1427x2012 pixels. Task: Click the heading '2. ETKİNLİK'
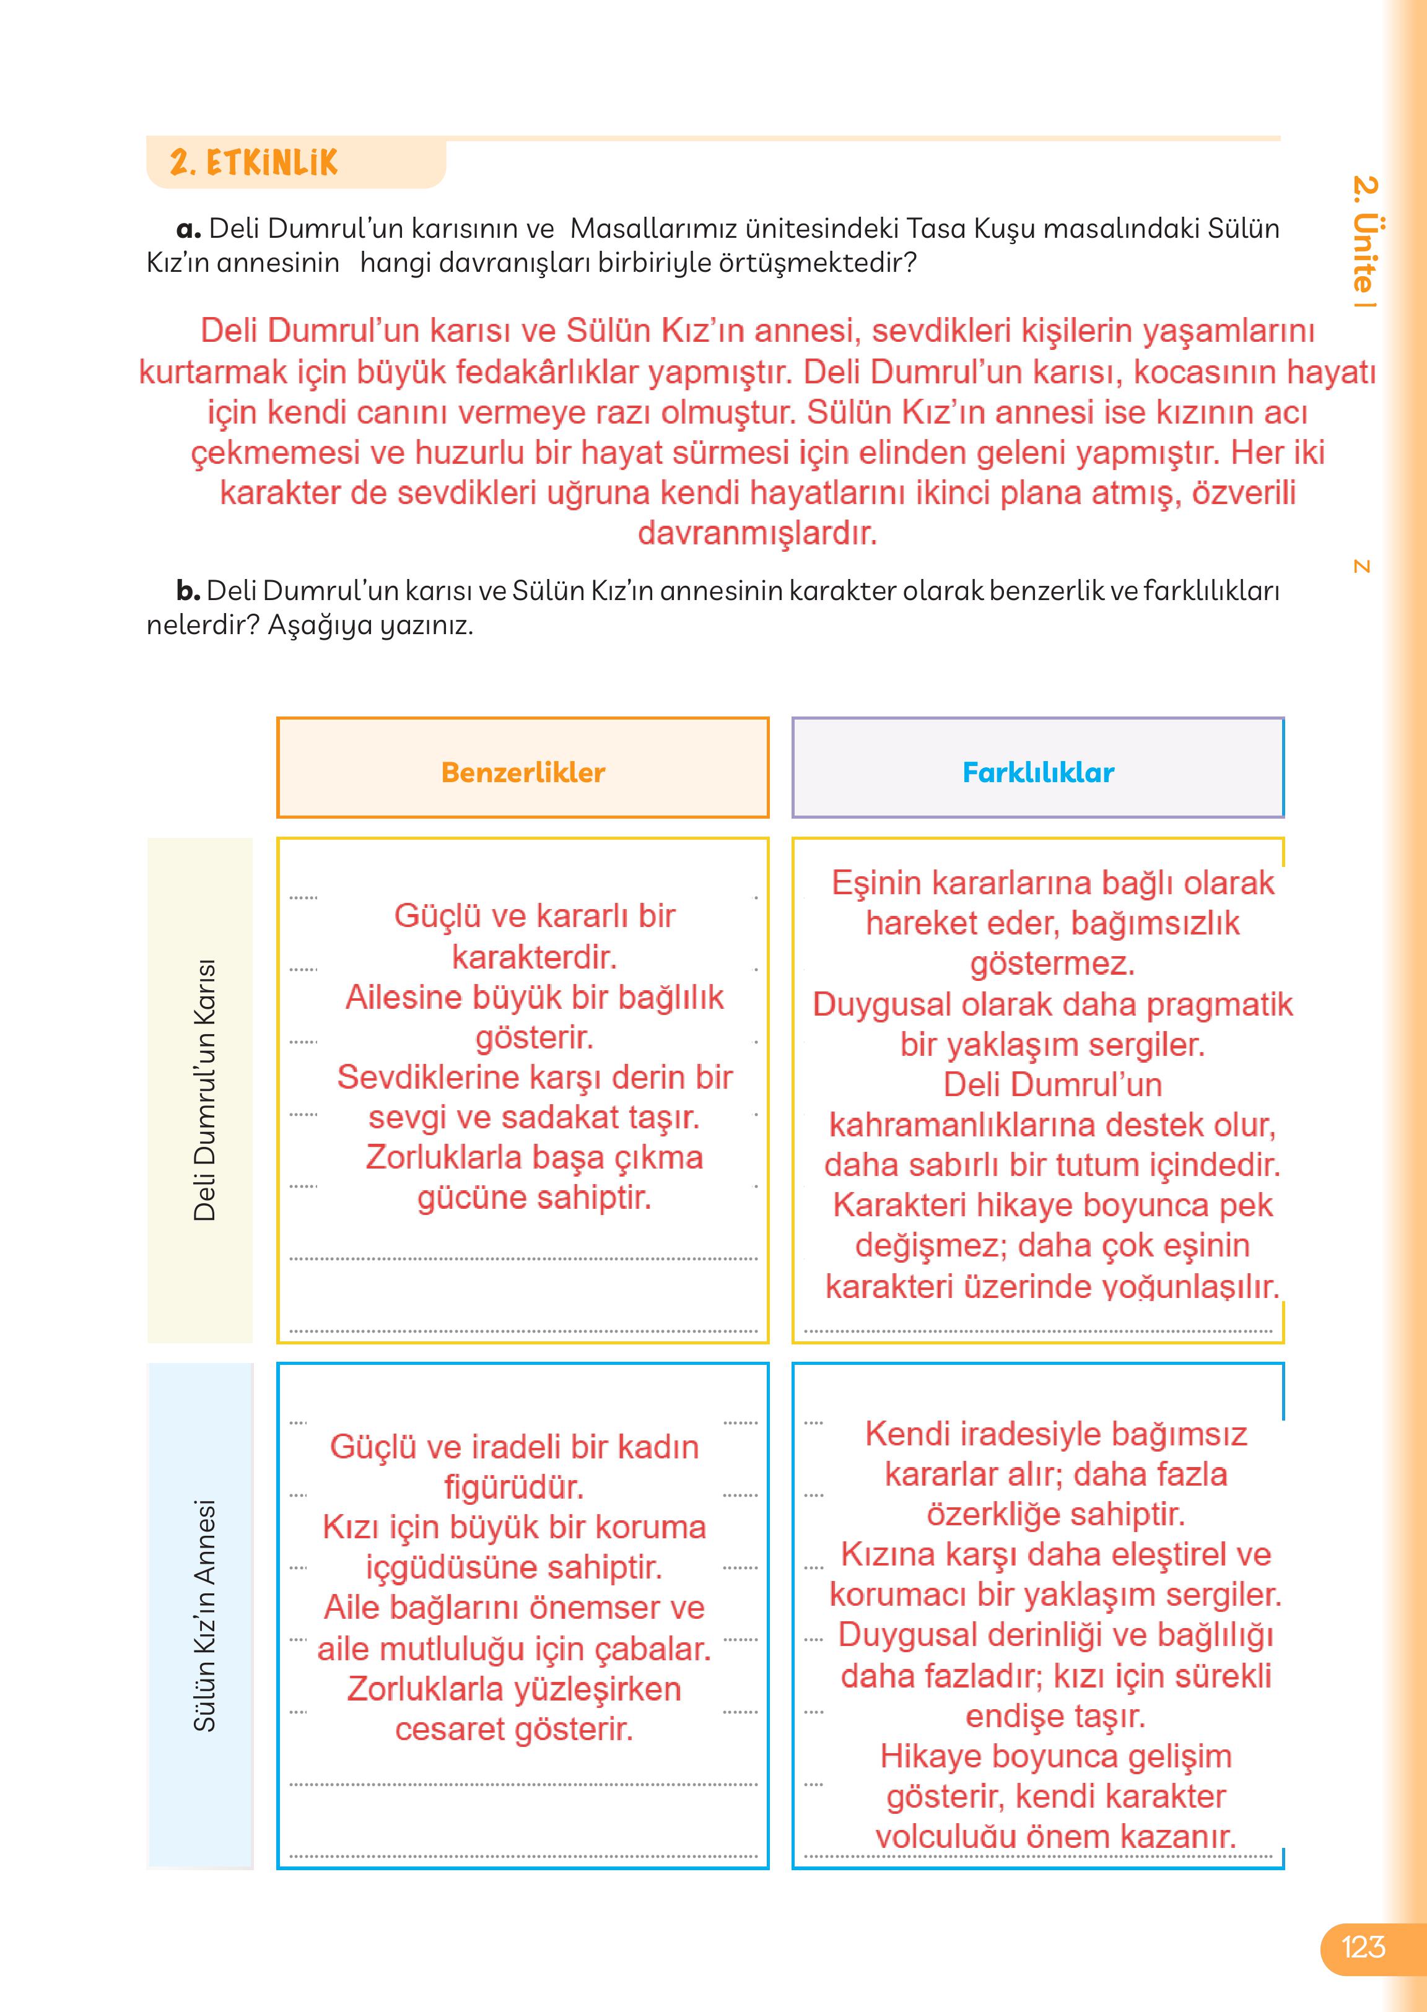click(253, 162)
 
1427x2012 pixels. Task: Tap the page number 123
click(1363, 1946)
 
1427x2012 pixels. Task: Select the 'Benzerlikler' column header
click(523, 772)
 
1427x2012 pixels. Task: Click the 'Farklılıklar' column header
click(1038, 772)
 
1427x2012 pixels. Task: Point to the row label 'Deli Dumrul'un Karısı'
click(204, 1089)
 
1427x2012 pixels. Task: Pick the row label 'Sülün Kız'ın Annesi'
click(204, 1615)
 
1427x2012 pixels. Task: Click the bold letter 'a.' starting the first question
click(189, 229)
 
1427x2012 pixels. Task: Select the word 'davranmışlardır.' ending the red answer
click(757, 533)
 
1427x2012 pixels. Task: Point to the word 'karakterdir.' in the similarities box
click(535, 957)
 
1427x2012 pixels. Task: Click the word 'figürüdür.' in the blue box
click(514, 1487)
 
